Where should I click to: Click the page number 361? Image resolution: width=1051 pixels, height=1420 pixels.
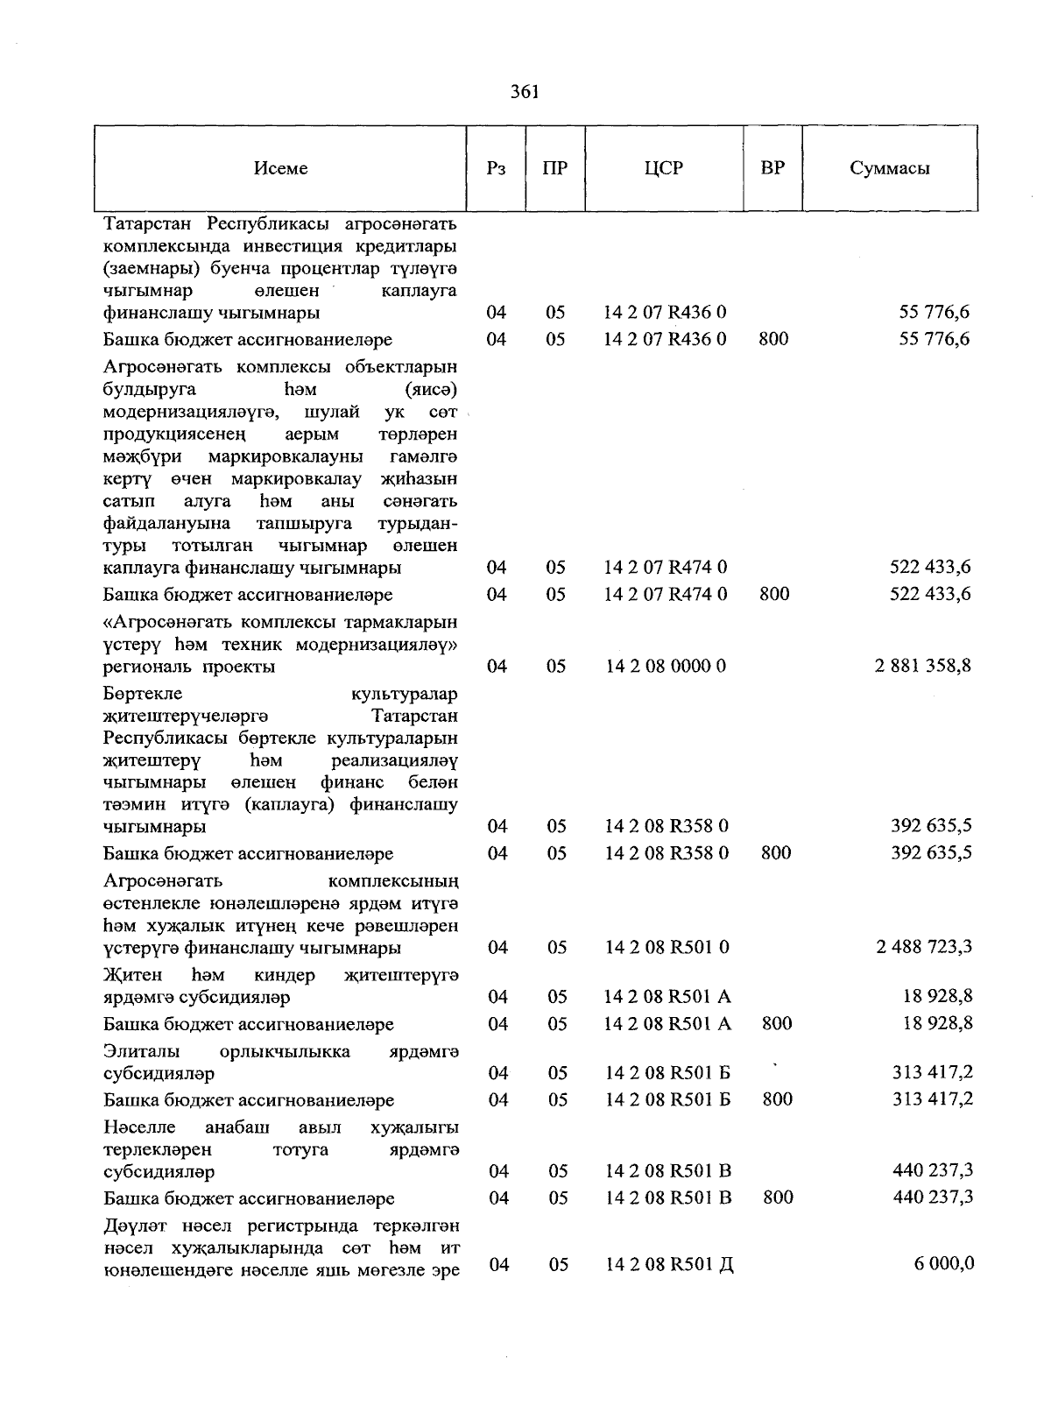coord(525,92)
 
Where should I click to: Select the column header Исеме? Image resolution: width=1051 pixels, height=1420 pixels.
coord(281,168)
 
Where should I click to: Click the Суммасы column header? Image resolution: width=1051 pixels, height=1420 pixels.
coord(889,168)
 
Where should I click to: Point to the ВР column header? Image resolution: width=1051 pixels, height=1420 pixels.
coord(772,168)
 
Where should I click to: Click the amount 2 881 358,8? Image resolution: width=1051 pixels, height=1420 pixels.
coord(922,666)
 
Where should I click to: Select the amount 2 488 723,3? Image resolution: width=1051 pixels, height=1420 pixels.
coord(923,947)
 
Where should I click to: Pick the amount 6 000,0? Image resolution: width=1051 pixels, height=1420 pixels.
coord(945,1264)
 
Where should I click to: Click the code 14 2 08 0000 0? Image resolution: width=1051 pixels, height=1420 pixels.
coord(666,666)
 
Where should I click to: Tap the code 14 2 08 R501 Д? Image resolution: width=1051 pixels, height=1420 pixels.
coord(668,1265)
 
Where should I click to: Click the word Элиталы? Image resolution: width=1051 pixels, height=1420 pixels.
coord(141,1051)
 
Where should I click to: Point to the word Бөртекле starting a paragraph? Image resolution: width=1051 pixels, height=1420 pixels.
coord(143,694)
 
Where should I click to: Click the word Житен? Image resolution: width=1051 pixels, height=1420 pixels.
coord(132,975)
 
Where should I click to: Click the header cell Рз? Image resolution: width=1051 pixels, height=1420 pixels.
coord(496,168)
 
